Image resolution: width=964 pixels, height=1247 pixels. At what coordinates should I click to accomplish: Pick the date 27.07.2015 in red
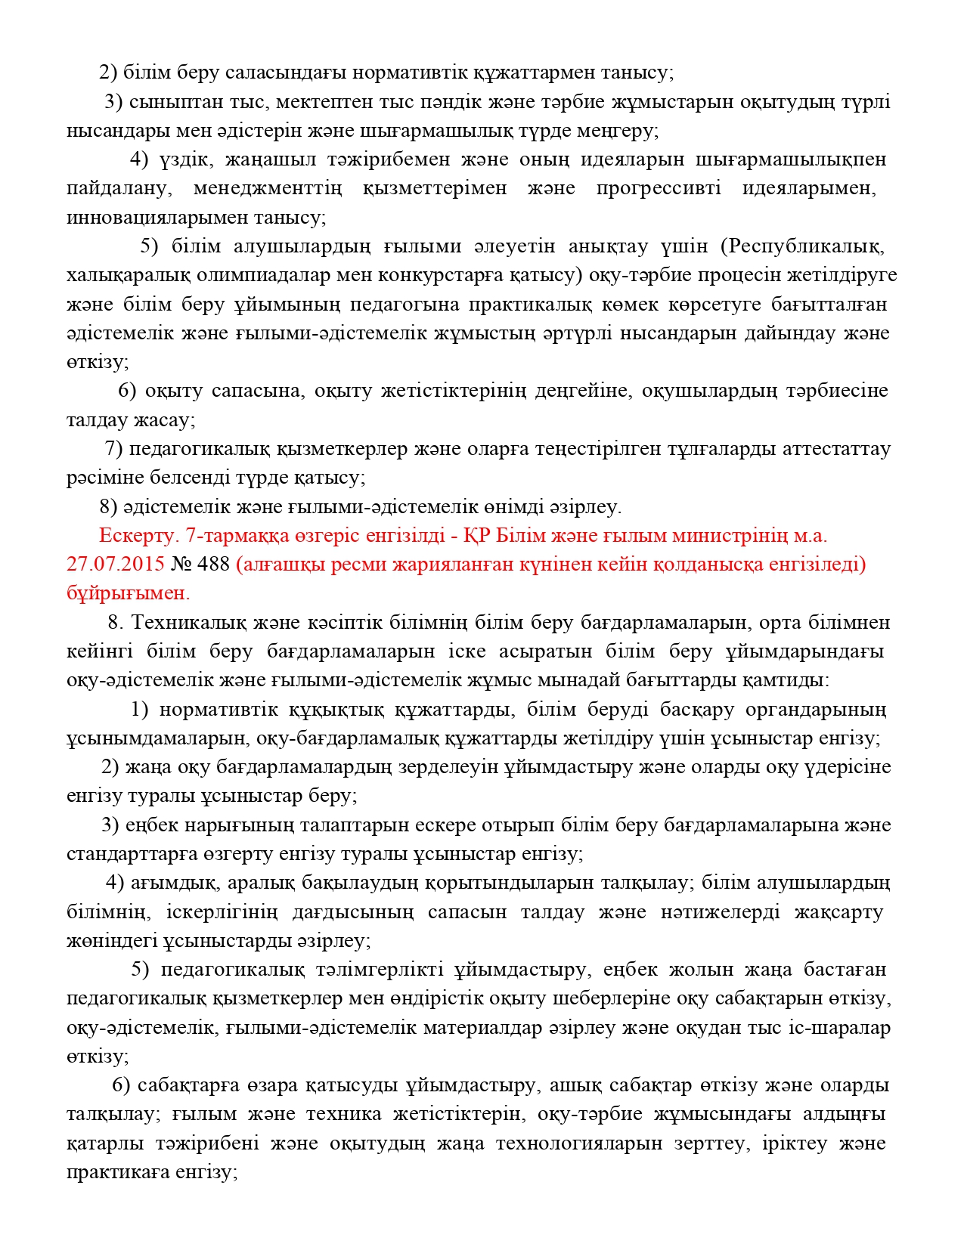coord(116,565)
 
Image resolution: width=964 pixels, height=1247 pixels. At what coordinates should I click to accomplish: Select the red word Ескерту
coord(139,536)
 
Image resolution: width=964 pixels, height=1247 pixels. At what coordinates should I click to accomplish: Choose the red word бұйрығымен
coord(128,593)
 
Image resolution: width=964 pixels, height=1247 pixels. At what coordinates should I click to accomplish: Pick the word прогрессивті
coord(659,188)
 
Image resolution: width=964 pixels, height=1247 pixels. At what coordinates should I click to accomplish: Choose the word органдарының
coord(816,710)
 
